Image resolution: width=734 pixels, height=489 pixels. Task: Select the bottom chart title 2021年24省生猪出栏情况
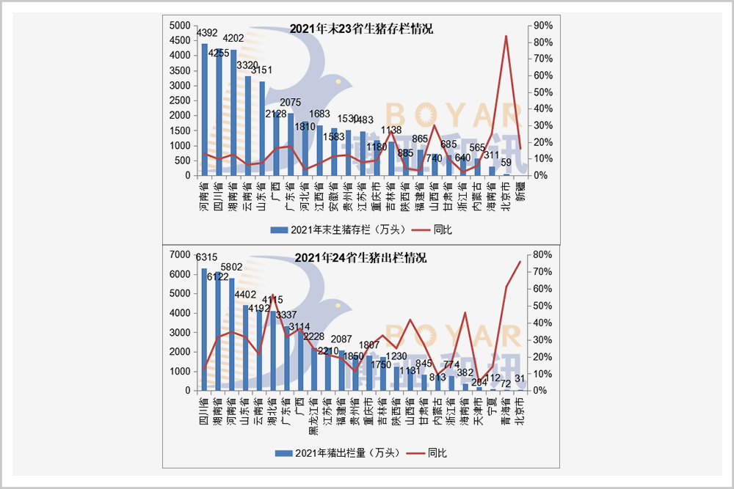[x=360, y=258]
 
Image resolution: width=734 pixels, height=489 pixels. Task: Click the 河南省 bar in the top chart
[x=205, y=110]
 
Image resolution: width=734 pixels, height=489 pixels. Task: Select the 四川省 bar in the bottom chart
[x=205, y=329]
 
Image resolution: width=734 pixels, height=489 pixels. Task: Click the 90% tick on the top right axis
[x=543, y=25]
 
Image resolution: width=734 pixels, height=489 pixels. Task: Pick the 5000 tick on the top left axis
[x=178, y=25]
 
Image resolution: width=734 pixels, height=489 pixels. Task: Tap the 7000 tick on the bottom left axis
[x=178, y=254]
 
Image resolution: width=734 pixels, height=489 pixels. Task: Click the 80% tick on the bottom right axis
[x=543, y=254]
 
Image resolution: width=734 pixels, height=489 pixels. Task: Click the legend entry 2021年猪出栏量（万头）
[x=335, y=453]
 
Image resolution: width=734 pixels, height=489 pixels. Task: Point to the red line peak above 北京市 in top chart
[x=506, y=36]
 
